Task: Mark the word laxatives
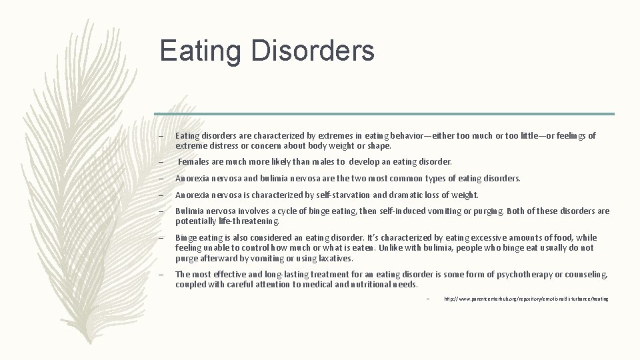click(335, 258)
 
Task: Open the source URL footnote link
click(526, 299)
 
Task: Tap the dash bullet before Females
click(161, 162)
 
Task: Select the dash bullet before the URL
click(429, 299)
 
